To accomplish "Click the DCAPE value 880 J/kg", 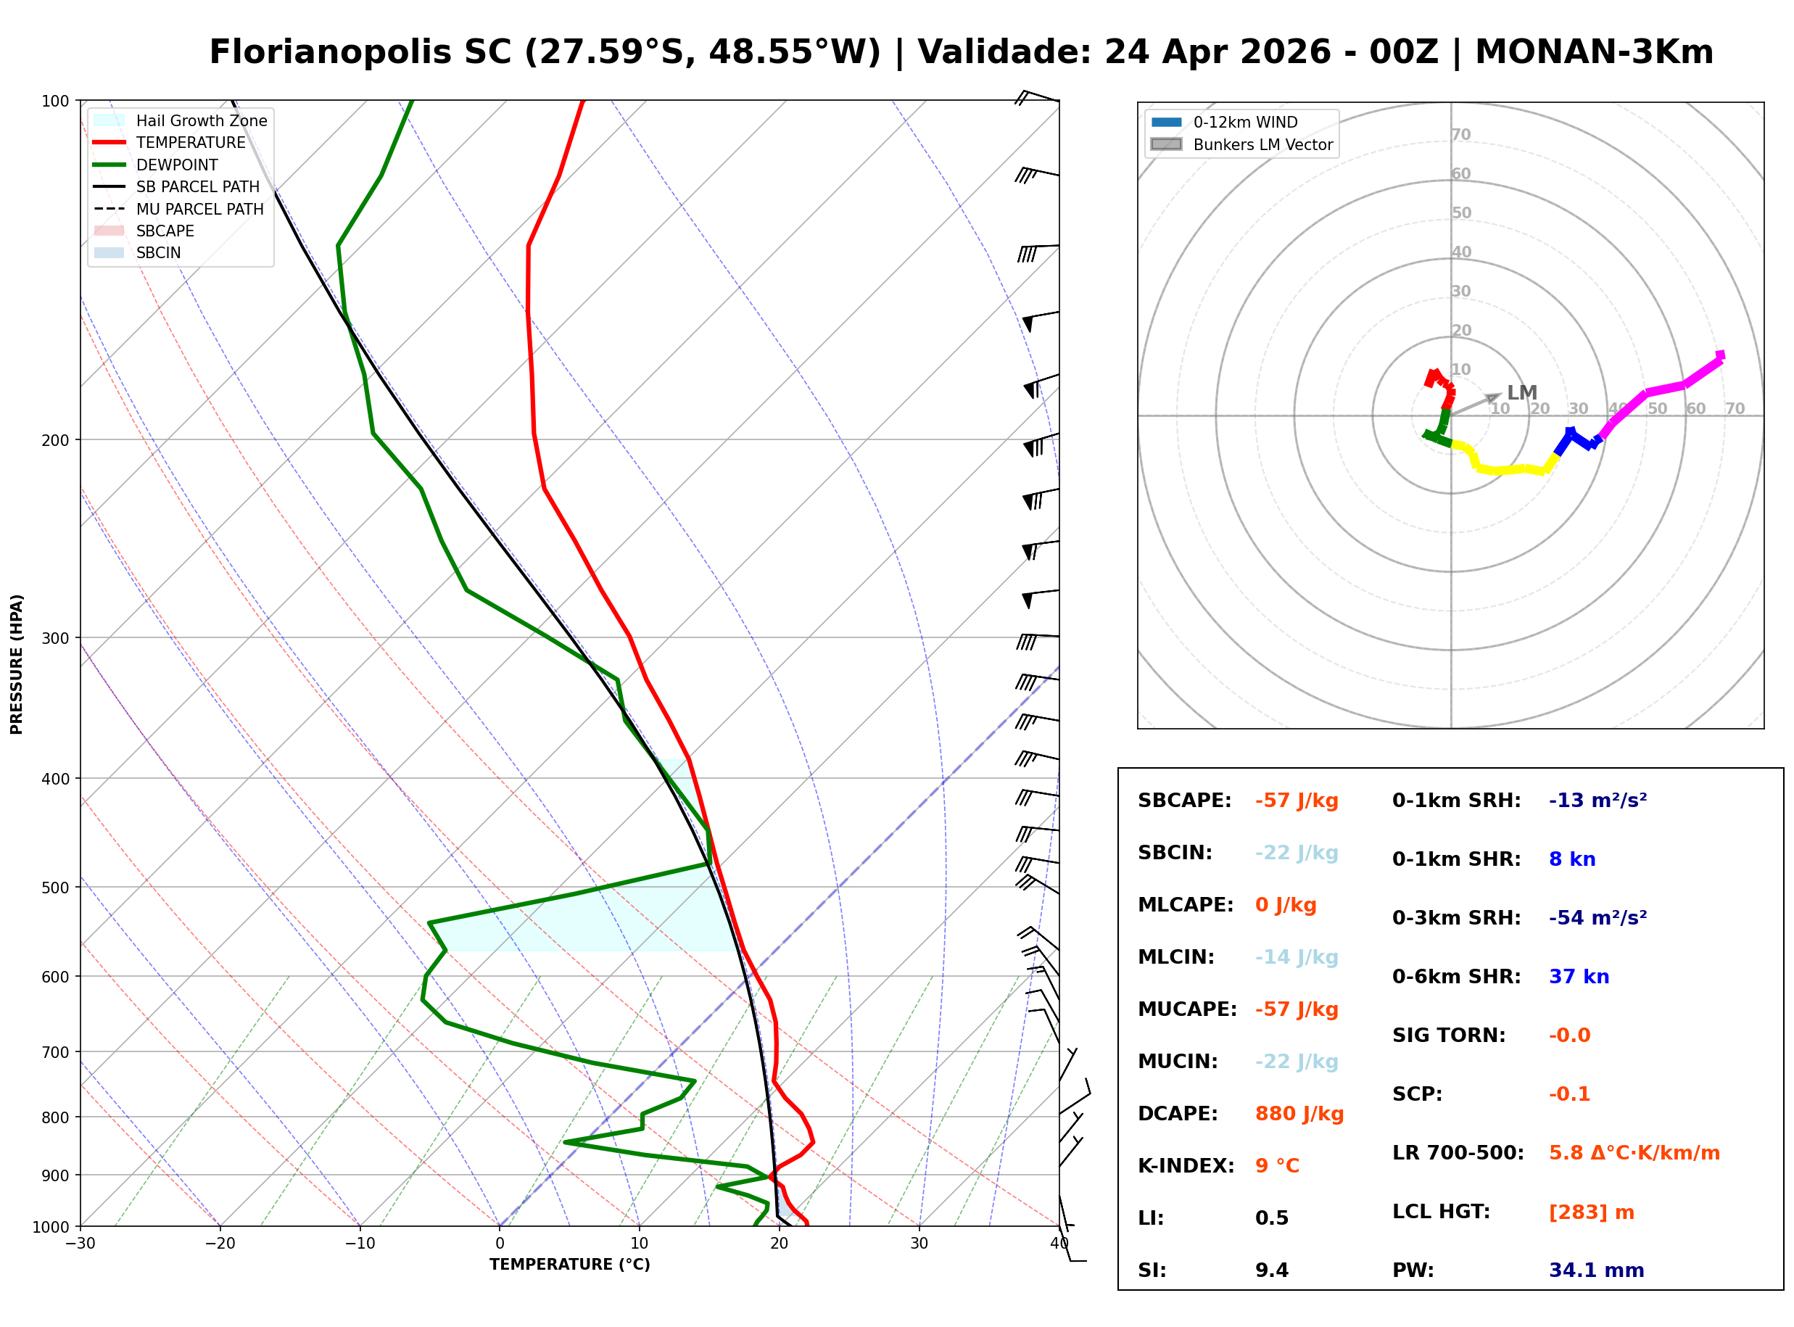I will click(x=1299, y=1114).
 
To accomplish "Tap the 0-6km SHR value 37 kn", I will click(x=1578, y=977).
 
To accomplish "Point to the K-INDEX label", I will click(x=1186, y=1166).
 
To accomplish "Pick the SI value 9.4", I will click(x=1271, y=1270).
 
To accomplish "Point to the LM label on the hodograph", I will click(x=1522, y=393).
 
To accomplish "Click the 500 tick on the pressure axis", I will click(x=55, y=888).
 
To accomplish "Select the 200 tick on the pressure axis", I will click(x=55, y=440).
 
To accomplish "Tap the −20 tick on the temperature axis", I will click(x=219, y=1244).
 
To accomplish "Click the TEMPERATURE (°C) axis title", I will click(x=569, y=1265).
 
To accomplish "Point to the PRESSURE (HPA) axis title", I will click(x=17, y=664).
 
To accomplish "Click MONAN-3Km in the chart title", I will click(x=1594, y=52).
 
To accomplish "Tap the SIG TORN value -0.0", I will click(x=1569, y=1035).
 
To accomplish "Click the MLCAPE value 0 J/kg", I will click(x=1285, y=905).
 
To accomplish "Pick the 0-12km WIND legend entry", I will click(x=1245, y=122).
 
